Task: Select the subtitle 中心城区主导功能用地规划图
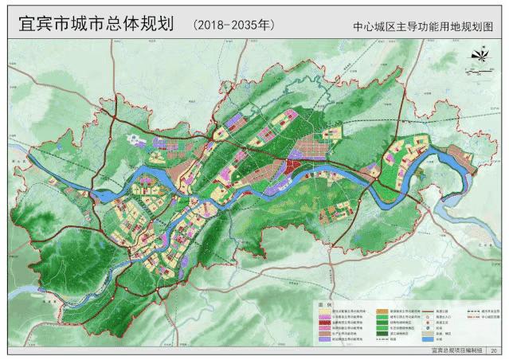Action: [x=424, y=25]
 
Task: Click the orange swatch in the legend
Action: [x=382, y=311]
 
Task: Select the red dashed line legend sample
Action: [x=472, y=317]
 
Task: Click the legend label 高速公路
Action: [x=441, y=311]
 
